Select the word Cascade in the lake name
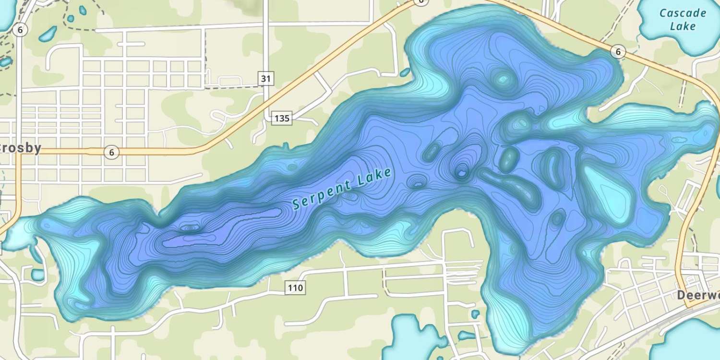click(683, 13)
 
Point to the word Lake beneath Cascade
click(683, 26)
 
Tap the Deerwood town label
click(699, 295)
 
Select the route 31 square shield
click(265, 78)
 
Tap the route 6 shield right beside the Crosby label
click(111, 153)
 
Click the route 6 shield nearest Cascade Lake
click(619, 52)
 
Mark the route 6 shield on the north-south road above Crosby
click(20, 30)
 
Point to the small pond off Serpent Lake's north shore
click(405, 72)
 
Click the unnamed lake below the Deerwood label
click(691, 338)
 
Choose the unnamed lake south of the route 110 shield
click(408, 338)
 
